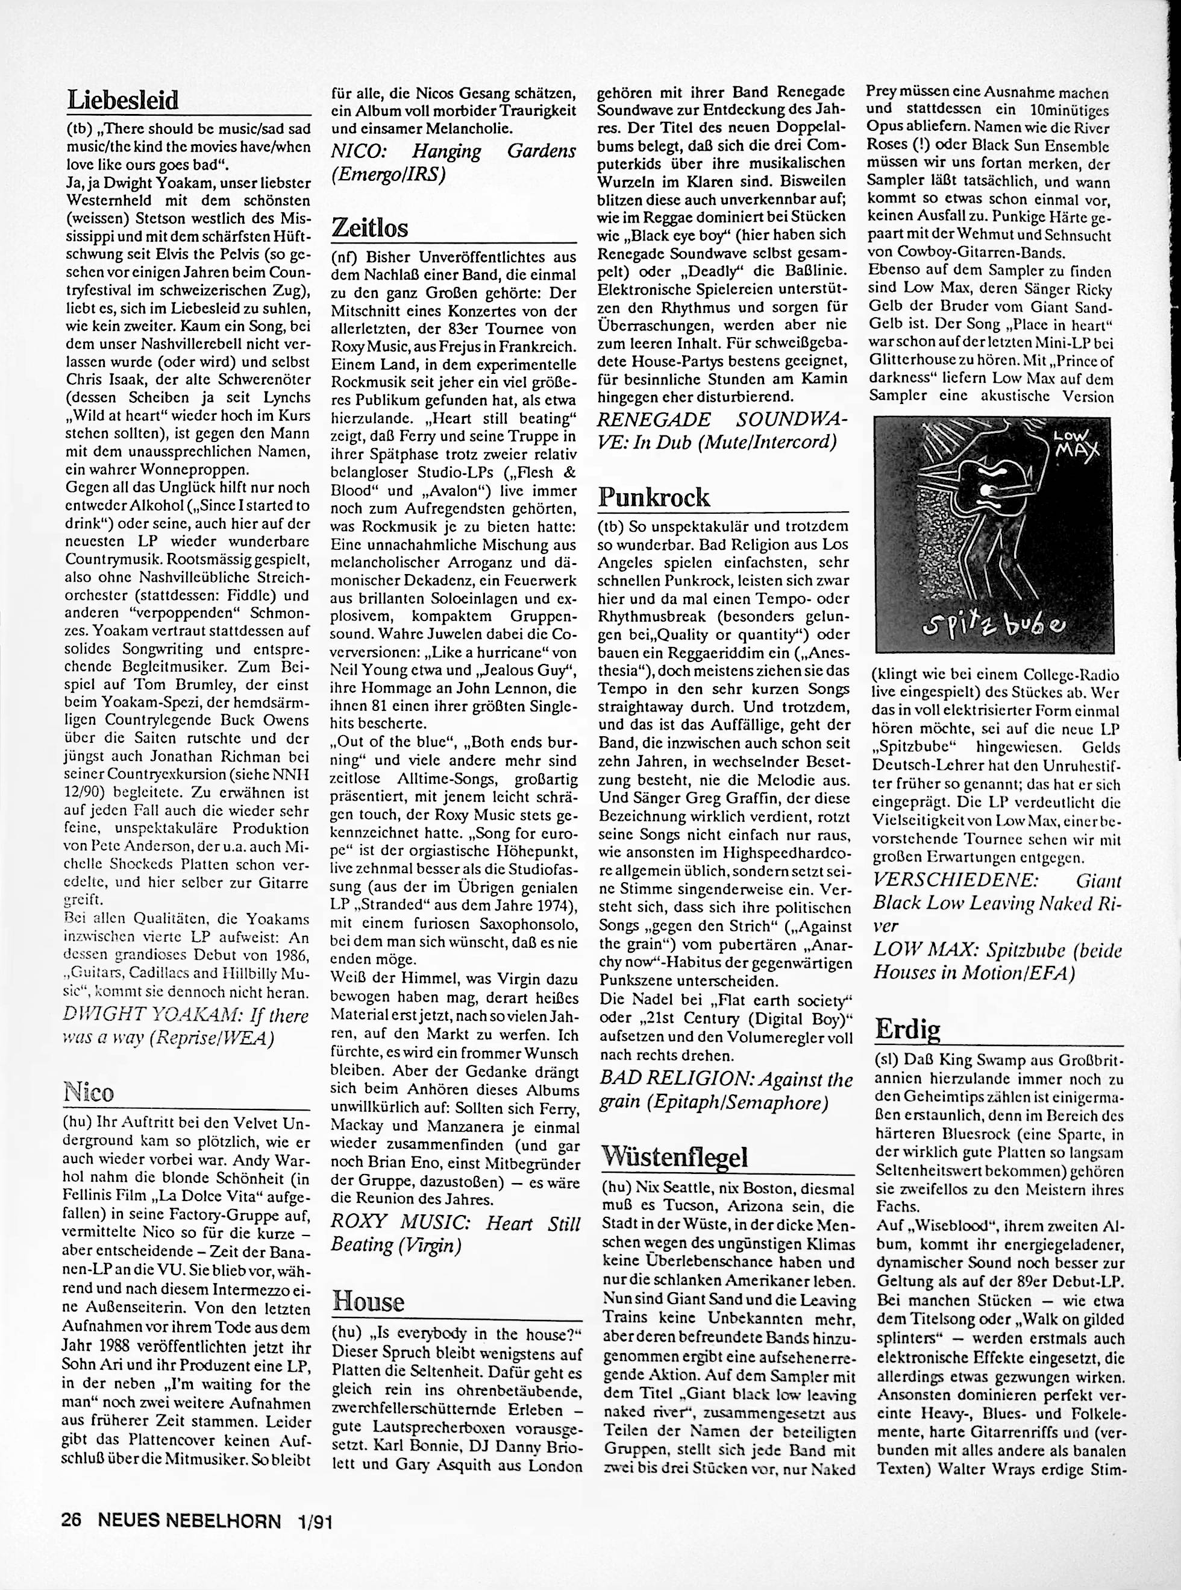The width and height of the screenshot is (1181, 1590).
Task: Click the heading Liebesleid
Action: tap(122, 100)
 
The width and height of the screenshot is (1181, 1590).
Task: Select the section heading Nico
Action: tap(89, 1091)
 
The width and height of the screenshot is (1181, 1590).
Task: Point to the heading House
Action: tap(368, 1301)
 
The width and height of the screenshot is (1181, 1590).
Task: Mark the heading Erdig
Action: tap(907, 1029)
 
